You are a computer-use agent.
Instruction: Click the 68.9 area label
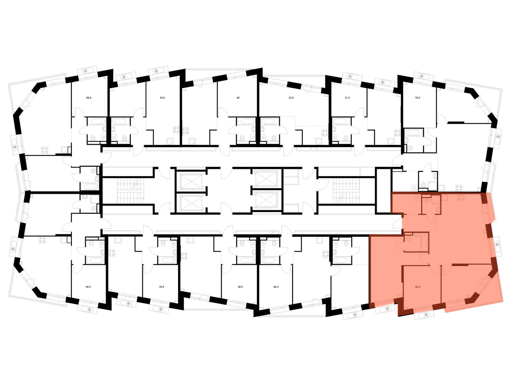click(x=89, y=98)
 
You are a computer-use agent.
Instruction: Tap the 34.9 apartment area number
click(x=162, y=98)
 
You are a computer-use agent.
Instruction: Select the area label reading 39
click(x=238, y=98)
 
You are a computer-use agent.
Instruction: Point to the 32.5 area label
click(x=291, y=98)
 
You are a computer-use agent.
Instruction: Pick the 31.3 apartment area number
click(x=347, y=98)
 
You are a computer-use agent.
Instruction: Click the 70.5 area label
click(x=417, y=98)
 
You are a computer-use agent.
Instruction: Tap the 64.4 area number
click(x=88, y=287)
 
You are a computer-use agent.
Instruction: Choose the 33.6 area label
click(x=161, y=287)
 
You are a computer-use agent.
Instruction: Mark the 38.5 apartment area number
click(x=240, y=287)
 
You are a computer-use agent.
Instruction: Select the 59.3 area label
click(x=276, y=287)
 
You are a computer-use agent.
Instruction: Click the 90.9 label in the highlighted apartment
click(x=417, y=287)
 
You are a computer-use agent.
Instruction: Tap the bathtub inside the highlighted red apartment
click(x=424, y=242)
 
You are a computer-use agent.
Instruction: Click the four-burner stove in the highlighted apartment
click(x=461, y=197)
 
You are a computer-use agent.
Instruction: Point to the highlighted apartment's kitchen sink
click(x=444, y=197)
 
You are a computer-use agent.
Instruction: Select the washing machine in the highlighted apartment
click(x=418, y=197)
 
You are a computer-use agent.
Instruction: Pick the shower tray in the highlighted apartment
click(x=435, y=199)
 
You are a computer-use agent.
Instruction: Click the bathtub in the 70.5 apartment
click(x=413, y=132)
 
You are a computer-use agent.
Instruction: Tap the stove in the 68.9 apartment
click(x=45, y=150)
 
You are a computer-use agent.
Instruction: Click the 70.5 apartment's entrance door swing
click(x=397, y=160)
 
